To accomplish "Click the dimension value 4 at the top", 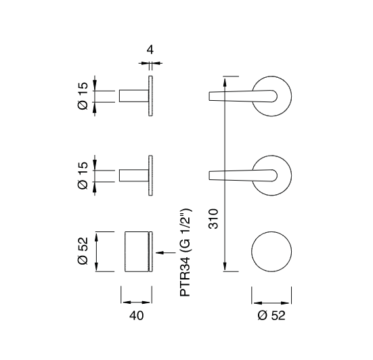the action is click(x=150, y=50).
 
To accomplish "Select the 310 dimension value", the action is click(x=213, y=219).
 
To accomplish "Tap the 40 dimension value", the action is click(x=137, y=315).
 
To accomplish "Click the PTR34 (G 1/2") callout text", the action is click(x=185, y=252).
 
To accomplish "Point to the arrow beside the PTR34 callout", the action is click(x=166, y=252).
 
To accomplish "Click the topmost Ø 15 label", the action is click(x=83, y=96).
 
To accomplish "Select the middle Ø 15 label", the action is click(x=83, y=175).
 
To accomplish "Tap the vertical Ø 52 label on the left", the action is click(x=83, y=251).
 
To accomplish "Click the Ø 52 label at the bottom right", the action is click(x=271, y=315).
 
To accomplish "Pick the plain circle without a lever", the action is click(x=271, y=231).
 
